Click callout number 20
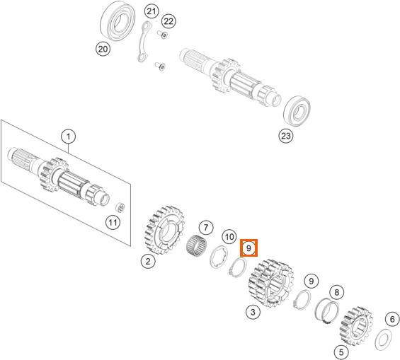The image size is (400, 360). [x=103, y=49]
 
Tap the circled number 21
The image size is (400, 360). [x=152, y=11]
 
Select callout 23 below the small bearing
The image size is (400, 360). [x=286, y=136]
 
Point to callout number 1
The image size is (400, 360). [x=69, y=137]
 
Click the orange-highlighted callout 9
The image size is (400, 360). [x=248, y=248]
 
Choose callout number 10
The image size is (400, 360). [x=229, y=237]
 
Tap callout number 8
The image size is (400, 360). [x=337, y=292]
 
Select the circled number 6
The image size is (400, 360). [x=392, y=319]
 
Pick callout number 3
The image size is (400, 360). [x=253, y=312]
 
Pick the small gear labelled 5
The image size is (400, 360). [x=356, y=326]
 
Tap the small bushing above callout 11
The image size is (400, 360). [x=120, y=207]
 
